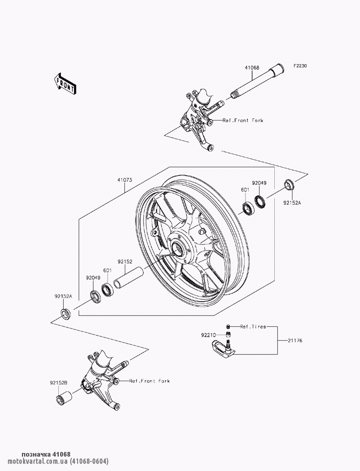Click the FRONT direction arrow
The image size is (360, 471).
point(65,84)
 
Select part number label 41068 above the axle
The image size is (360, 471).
point(252,68)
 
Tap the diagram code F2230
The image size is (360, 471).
point(300,66)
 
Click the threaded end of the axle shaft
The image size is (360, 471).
point(235,95)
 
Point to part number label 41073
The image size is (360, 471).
point(125,180)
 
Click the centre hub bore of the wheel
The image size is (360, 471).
point(178,249)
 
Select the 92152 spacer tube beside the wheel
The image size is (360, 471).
point(129,278)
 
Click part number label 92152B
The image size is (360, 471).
point(59,383)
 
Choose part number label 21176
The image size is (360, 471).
point(295,340)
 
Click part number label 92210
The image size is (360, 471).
point(208,335)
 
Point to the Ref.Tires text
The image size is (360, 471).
point(253,327)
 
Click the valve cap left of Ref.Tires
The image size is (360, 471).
point(228,327)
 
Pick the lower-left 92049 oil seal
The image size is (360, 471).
point(95,296)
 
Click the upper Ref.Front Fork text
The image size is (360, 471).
point(243,121)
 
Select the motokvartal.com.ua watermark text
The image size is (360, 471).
point(58,462)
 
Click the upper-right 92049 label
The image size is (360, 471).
point(259,183)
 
